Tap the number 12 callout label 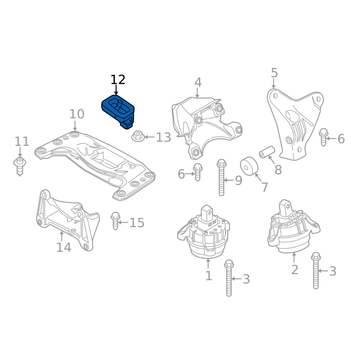coord(118,80)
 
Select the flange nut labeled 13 coord(138,136)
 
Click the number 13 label coord(163,137)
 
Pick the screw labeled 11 coord(20,166)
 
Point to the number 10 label coord(76,114)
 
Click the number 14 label coord(63,247)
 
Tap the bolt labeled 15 coord(116,220)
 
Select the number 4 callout coord(198,82)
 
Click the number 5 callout coord(274,73)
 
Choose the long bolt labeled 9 coord(221,177)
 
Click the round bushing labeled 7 coord(249,166)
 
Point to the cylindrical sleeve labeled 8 coord(267,152)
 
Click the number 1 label coord(208,276)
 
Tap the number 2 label coord(295,270)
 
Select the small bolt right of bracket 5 coord(324,137)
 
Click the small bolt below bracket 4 coord(198,172)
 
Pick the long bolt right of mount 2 coord(316,271)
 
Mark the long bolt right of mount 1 coord(229,278)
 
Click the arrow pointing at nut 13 coord(149,137)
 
